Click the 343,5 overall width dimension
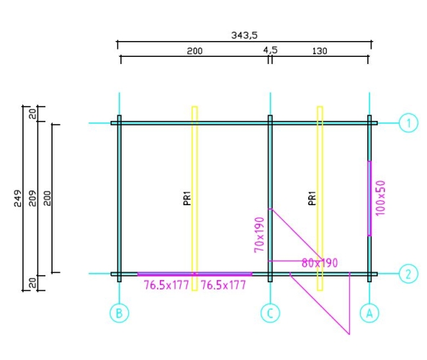(244, 35)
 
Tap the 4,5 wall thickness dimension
(270, 50)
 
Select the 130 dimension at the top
(320, 51)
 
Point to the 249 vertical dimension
(18, 198)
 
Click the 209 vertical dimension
(32, 198)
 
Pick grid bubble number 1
(408, 123)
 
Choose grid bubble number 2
(408, 274)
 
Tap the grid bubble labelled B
(120, 313)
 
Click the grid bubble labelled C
(270, 313)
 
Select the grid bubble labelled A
(369, 313)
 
